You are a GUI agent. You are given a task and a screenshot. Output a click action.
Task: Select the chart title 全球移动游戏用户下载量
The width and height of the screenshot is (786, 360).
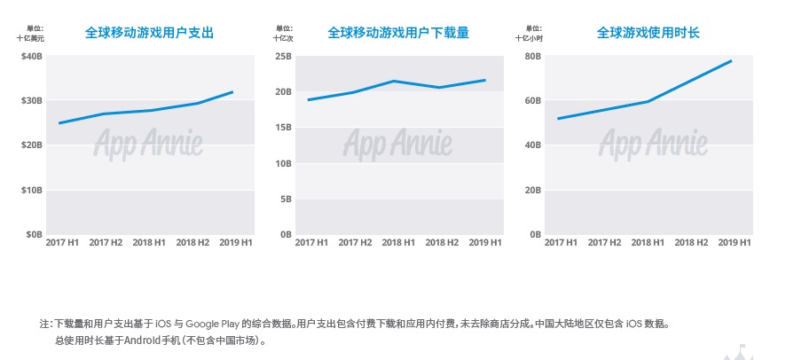pyautogui.click(x=398, y=33)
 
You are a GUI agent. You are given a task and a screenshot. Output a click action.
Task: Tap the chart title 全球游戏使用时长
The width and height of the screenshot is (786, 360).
pyautogui.click(x=648, y=33)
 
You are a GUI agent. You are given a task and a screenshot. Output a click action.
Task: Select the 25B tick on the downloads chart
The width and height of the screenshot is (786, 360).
pyautogui.click(x=284, y=56)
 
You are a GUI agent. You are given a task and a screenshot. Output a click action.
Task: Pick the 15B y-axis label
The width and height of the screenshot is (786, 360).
pyautogui.click(x=284, y=128)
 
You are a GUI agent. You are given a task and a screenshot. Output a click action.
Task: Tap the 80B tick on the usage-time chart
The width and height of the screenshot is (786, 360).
pyautogui.click(x=532, y=56)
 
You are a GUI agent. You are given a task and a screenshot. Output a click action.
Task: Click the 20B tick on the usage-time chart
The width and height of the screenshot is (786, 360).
pyautogui.click(x=532, y=190)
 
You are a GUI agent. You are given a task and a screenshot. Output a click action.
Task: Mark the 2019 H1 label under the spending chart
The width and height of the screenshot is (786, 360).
pyautogui.click(x=235, y=242)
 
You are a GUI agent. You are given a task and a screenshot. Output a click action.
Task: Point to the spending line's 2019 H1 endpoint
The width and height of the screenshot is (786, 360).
pyautogui.click(x=233, y=91)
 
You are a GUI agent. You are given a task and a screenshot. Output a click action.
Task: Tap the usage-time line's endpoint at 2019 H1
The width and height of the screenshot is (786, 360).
pyautogui.click(x=731, y=60)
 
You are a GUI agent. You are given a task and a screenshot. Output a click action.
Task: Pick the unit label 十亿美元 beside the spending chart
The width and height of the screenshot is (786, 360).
pyautogui.click(x=30, y=38)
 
